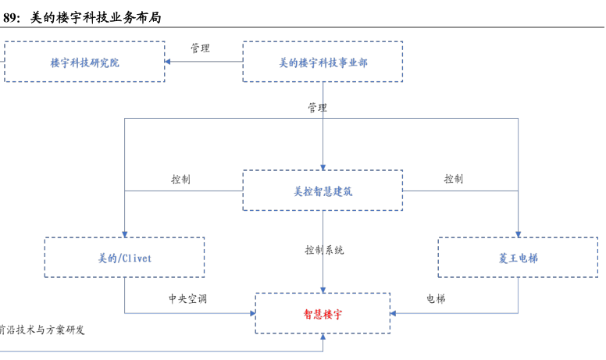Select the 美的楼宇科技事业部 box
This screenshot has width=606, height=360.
[x=323, y=62]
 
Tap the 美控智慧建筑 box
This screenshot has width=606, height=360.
[x=323, y=191]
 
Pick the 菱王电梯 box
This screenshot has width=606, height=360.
[x=518, y=258]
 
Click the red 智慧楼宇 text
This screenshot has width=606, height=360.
[x=323, y=314]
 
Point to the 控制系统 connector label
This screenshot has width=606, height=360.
[x=324, y=250]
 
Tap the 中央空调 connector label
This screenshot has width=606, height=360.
[x=187, y=298]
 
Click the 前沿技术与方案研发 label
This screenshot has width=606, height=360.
[x=42, y=330]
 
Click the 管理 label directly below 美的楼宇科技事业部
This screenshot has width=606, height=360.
[x=316, y=108]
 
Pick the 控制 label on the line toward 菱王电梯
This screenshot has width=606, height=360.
[x=453, y=179]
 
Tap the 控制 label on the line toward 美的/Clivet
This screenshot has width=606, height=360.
[x=180, y=179]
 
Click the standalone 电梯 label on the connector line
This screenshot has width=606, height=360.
[x=436, y=298]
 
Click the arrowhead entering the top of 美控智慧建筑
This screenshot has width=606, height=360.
[x=323, y=166]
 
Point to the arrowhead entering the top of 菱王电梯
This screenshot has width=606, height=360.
[x=518, y=233]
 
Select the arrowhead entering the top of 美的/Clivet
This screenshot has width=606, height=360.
[x=125, y=233]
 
